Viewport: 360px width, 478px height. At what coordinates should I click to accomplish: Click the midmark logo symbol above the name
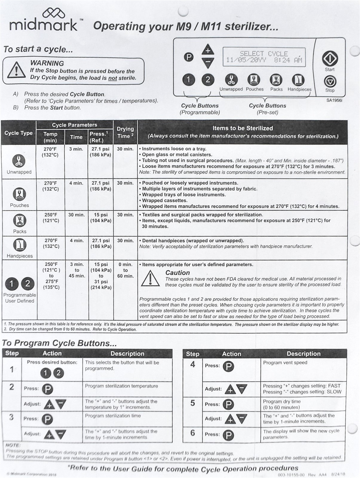[x=53, y=13]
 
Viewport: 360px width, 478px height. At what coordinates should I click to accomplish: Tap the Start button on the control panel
[x=330, y=59]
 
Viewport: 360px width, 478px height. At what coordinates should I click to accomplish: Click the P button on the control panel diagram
[x=188, y=57]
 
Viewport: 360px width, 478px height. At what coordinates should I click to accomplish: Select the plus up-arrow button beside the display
[x=208, y=50]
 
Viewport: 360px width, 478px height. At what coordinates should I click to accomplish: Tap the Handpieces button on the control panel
[x=299, y=80]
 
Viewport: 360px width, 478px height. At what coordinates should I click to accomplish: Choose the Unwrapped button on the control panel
[x=231, y=80]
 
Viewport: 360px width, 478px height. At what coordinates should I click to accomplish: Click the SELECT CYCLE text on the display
[x=264, y=54]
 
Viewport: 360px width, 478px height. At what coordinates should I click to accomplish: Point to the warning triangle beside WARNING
[x=16, y=71]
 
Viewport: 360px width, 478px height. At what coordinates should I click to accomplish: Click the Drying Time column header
[x=125, y=132]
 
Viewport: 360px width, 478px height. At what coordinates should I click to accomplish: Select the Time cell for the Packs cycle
[x=77, y=215]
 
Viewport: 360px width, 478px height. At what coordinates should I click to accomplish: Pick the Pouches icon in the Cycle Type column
[x=19, y=194]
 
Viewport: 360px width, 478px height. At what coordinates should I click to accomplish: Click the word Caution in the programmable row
[x=177, y=273]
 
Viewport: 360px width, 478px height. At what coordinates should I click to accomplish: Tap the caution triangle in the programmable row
[x=150, y=278]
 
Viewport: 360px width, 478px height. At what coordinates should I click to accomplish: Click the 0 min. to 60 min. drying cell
[x=125, y=270]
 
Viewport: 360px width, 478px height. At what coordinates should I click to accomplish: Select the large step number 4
[x=192, y=364]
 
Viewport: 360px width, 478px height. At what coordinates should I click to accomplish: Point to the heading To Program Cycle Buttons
[x=59, y=343]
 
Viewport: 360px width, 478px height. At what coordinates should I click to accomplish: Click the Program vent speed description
[x=285, y=363]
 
